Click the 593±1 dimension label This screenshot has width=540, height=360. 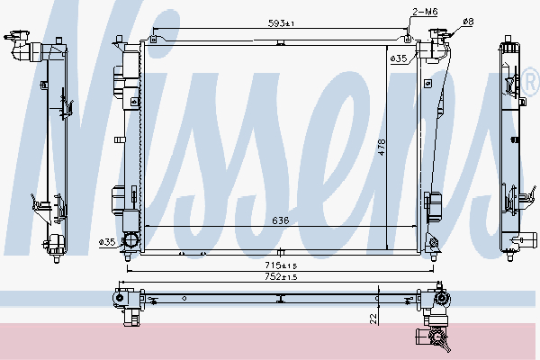tap(281, 23)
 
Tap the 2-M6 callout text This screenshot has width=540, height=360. tap(425, 12)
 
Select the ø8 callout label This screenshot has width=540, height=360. tap(468, 22)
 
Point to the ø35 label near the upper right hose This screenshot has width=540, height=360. tap(399, 58)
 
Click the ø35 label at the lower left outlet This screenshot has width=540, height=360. tap(107, 242)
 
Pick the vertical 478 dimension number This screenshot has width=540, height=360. tap(382, 147)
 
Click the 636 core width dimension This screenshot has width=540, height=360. tap(280, 220)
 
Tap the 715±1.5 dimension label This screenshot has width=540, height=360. tap(281, 265)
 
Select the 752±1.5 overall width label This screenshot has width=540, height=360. tap(281, 276)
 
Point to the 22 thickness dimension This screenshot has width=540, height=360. tap(373, 319)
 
